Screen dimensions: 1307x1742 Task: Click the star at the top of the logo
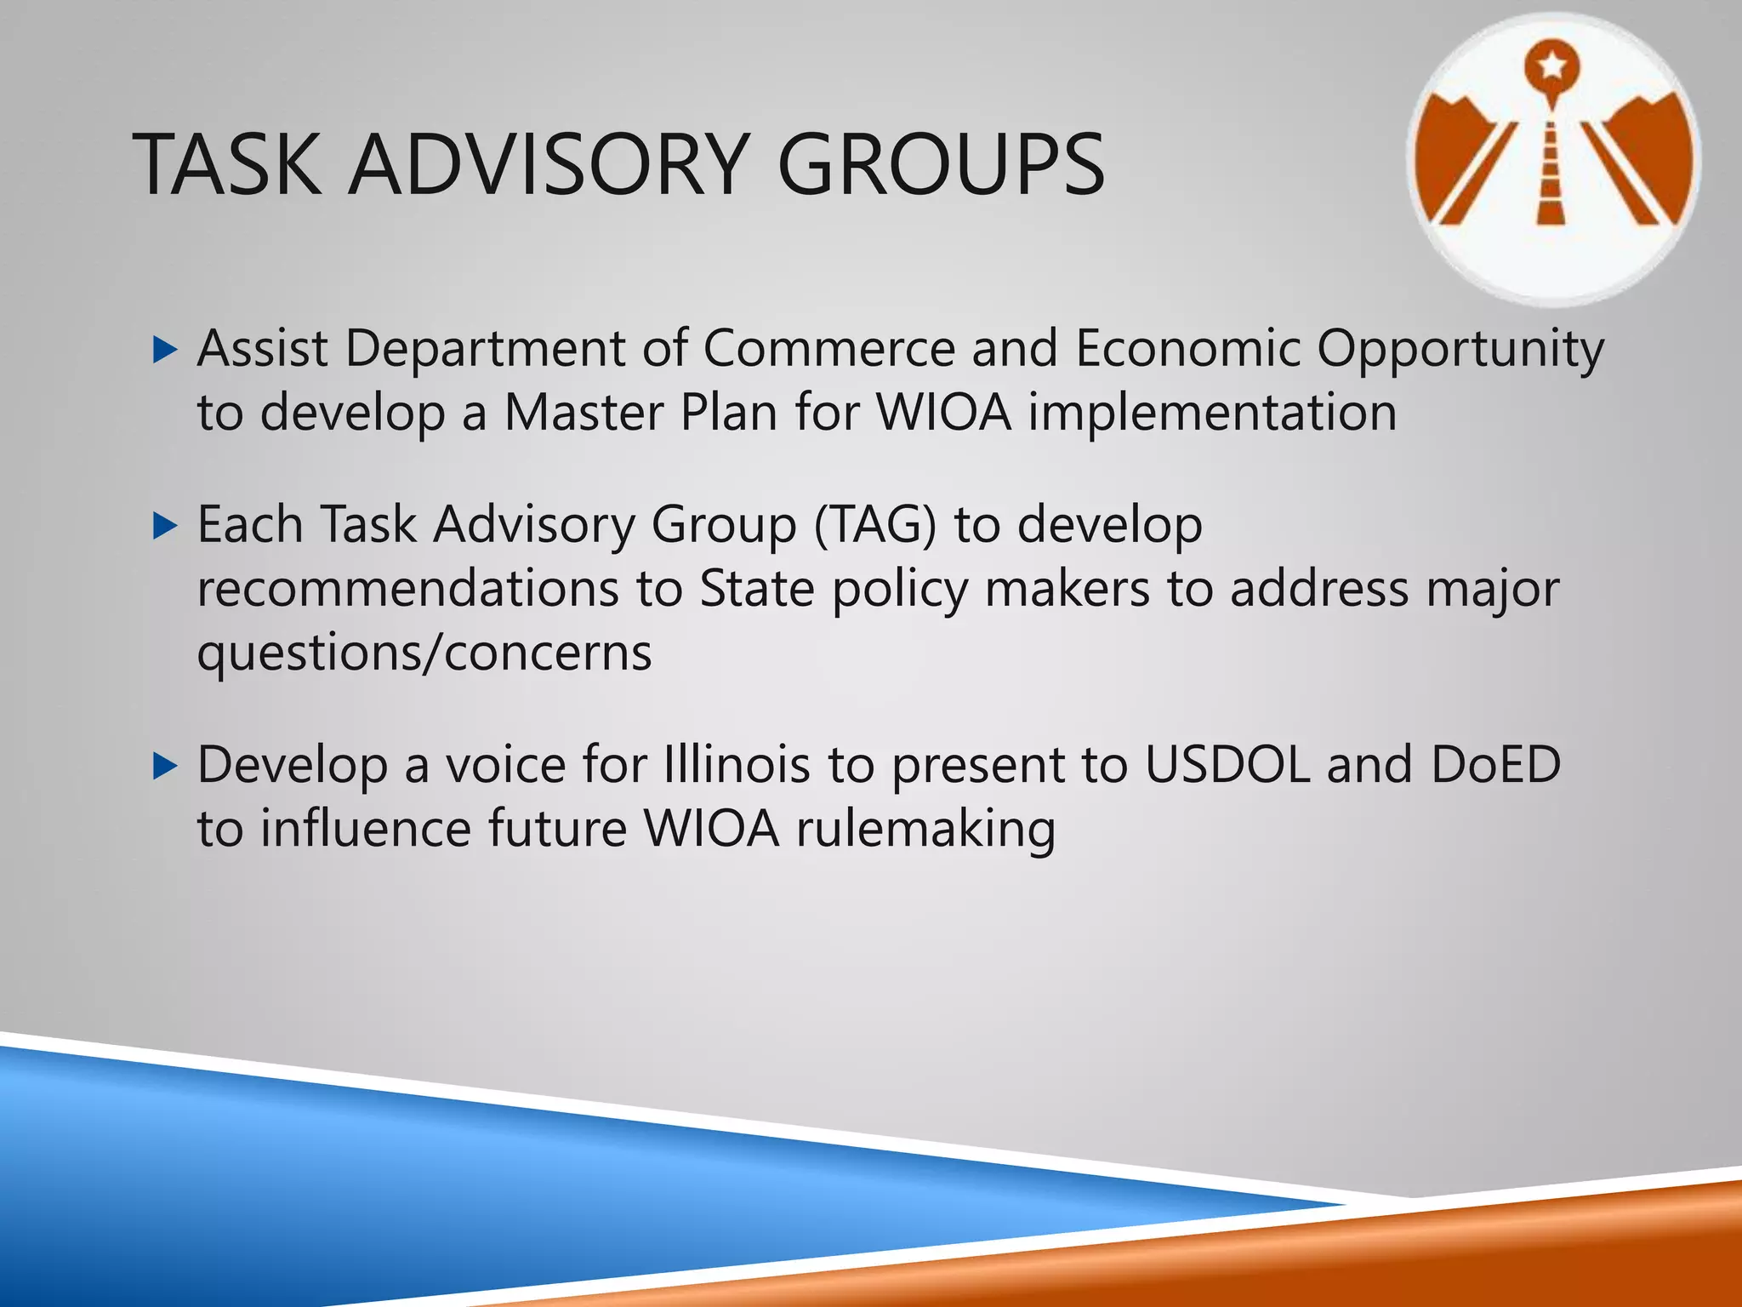(1552, 65)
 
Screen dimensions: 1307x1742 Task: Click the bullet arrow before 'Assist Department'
(164, 350)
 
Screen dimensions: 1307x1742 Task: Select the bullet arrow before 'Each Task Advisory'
(164, 526)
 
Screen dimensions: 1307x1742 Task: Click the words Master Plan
(640, 414)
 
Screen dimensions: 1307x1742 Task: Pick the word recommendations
(407, 589)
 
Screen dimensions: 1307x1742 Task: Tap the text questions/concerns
(424, 654)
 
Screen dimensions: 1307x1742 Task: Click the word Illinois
(736, 765)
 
